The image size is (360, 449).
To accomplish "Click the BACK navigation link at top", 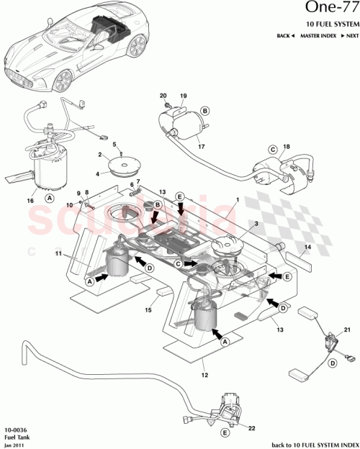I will pyautogui.click(x=286, y=36).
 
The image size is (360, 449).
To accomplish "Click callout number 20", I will pyautogui.click(x=163, y=96).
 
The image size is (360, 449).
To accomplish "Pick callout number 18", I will pyautogui.click(x=287, y=147).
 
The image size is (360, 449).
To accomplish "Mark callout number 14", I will pyautogui.click(x=307, y=247).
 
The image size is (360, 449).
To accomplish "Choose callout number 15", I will pyautogui.click(x=149, y=309).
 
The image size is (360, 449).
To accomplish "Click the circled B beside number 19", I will pyautogui.click(x=205, y=111).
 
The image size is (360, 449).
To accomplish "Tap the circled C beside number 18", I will pyautogui.click(x=274, y=150).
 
